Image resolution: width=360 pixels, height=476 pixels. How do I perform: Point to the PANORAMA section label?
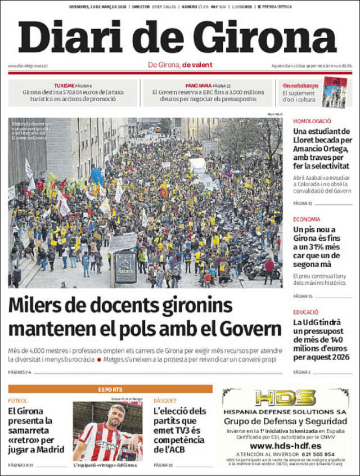click(197, 85)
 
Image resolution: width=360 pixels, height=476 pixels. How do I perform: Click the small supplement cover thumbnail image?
click(334, 93)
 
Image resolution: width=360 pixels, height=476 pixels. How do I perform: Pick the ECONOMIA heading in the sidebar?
click(307, 219)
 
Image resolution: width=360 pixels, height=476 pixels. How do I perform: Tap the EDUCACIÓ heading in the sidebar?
click(306, 312)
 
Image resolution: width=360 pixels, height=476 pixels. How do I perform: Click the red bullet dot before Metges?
click(99, 359)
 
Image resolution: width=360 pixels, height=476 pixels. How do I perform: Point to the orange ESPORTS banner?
click(110, 389)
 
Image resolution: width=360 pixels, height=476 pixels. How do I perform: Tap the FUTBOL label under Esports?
click(17, 401)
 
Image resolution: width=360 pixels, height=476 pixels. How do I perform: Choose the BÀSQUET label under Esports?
click(165, 401)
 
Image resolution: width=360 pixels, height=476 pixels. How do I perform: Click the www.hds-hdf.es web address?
click(285, 446)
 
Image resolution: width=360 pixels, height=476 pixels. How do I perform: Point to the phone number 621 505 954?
click(313, 454)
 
